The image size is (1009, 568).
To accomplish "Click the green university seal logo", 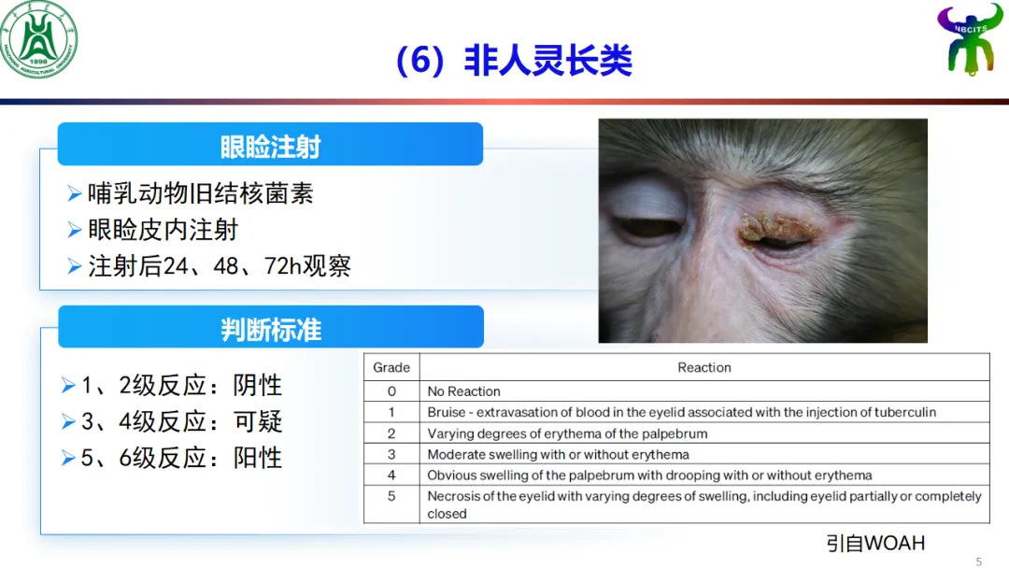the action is [x=38, y=40].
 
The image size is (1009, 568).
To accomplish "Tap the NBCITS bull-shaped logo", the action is [x=970, y=38].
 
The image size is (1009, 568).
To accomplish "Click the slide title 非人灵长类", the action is [x=547, y=61].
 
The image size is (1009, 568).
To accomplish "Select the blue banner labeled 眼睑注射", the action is [x=270, y=144].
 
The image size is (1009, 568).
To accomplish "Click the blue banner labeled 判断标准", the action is [x=271, y=327].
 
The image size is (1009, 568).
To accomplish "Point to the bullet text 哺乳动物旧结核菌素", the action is [x=201, y=193].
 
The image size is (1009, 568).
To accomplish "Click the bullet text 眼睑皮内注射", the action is [x=163, y=230].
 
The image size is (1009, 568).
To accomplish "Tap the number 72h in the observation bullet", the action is [x=282, y=265].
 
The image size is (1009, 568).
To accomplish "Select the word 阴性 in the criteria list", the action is [x=258, y=385].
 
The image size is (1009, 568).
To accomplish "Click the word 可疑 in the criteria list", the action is [x=258, y=421].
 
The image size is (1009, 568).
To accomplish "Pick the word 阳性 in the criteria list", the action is [x=258, y=458].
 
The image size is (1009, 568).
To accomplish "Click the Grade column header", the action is [x=391, y=367].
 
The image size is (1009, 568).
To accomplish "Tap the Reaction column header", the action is [x=704, y=367].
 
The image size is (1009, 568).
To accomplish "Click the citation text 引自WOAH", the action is [x=875, y=543].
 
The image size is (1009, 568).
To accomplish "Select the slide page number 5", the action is [x=979, y=561].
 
